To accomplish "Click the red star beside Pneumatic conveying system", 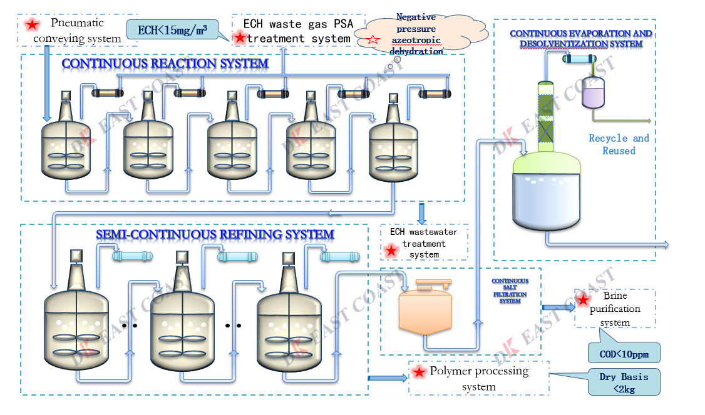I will pyautogui.click(x=30, y=25).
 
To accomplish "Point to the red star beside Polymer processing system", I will pyautogui.click(x=419, y=373).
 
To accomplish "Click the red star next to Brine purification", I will pyautogui.click(x=583, y=299).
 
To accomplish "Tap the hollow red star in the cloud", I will pyautogui.click(x=374, y=39).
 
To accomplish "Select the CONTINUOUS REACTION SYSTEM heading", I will pyautogui.click(x=165, y=63).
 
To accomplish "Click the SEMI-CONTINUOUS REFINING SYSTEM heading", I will pyautogui.click(x=215, y=234).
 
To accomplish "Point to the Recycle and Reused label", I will pyautogui.click(x=619, y=144).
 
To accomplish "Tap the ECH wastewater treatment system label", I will pyautogui.click(x=424, y=242).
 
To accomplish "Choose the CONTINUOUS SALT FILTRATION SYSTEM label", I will pyautogui.click(x=510, y=291).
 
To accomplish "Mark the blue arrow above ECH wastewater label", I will pyautogui.click(x=421, y=213).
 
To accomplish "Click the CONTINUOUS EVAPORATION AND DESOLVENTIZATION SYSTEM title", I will pyautogui.click(x=580, y=38).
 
